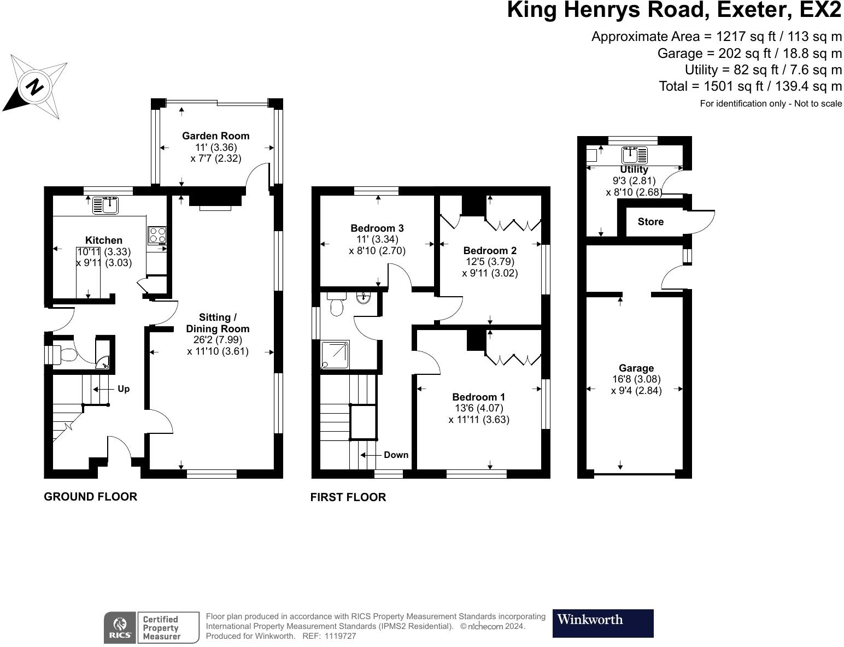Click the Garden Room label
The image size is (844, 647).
pos(215,136)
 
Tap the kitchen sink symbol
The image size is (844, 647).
pos(106,205)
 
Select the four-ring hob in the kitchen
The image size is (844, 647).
pos(157,235)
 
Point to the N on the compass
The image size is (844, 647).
pos(35,86)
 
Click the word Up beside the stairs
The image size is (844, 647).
pos(124,389)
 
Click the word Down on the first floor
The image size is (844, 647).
pos(396,455)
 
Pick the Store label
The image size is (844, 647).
pos(650,222)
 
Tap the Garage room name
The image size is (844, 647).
pos(636,368)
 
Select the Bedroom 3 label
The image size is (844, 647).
pos(377,228)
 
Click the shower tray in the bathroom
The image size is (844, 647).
pos(335,354)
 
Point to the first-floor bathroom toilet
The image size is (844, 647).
pos(336,304)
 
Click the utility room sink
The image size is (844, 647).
pos(634,155)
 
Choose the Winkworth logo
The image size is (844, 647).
pos(603,624)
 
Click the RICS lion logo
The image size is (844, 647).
pos(120,627)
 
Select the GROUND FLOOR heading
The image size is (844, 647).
pos(91,497)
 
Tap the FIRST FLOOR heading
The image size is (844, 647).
pos(348,497)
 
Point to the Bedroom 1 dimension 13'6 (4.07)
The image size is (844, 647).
pos(479,408)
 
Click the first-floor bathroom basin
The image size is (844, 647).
pos(364,298)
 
